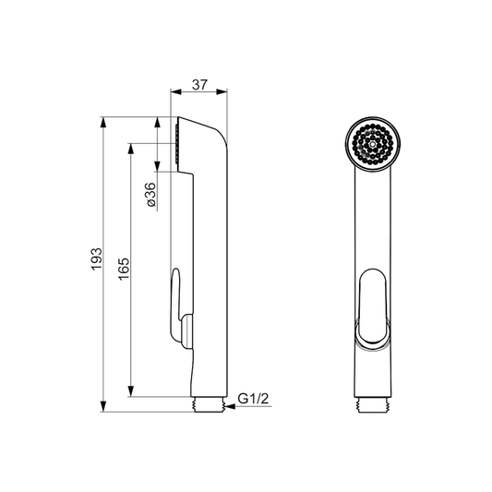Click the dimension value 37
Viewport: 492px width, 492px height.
pos(200,85)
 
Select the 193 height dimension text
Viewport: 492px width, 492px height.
pos(97,258)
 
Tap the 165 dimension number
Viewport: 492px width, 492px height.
pos(125,269)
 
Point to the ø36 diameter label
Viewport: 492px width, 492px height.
pos(151,195)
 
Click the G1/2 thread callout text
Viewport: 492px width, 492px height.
pos(254,399)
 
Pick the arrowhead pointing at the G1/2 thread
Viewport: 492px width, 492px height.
pos(231,406)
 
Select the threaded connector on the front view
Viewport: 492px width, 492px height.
pos(374,405)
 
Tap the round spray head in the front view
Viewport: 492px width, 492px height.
pos(373,144)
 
